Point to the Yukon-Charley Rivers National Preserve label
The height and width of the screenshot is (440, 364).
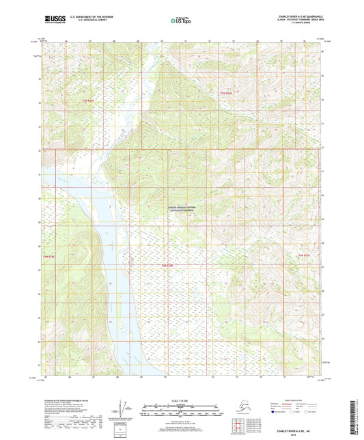coord(182,210)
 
